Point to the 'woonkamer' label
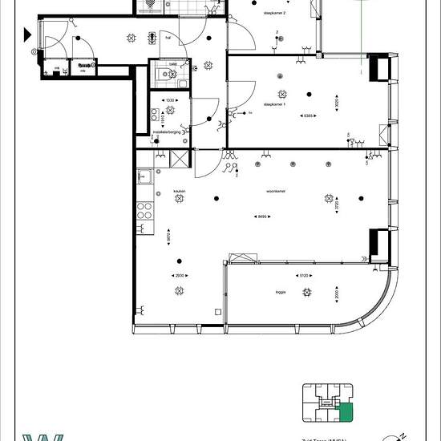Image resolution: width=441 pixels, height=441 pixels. [256, 192]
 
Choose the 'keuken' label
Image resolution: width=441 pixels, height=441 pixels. [179, 191]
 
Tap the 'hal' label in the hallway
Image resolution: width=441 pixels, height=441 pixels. [168, 36]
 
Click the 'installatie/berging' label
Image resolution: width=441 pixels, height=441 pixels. [168, 132]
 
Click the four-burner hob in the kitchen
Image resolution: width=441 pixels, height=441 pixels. [145, 211]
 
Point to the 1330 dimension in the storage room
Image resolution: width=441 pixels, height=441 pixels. [170, 100]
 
